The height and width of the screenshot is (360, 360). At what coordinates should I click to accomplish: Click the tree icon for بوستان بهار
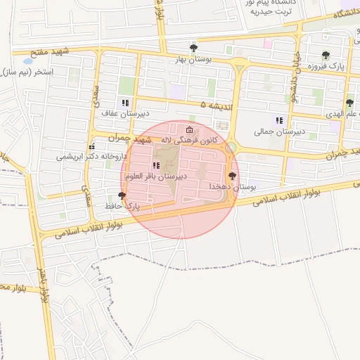tap(194, 48)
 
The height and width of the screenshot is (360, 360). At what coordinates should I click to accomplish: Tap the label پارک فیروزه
tap(309, 66)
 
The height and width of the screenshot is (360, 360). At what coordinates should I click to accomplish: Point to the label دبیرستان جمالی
tap(279, 131)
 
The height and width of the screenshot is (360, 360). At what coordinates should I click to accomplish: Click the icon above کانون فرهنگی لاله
tap(189, 129)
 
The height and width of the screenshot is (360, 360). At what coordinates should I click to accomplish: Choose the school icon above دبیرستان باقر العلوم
tap(156, 166)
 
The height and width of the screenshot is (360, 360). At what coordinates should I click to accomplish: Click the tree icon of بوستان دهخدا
tap(232, 175)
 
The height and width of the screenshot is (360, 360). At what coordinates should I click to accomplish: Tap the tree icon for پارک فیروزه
tap(326, 56)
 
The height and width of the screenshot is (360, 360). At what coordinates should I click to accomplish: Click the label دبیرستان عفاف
tap(117, 113)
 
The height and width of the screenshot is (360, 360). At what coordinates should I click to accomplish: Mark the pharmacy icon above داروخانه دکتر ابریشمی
tap(91, 147)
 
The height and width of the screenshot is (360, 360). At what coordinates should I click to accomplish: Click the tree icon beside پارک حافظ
tap(122, 195)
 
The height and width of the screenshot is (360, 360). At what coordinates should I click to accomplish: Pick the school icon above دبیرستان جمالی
tap(279, 120)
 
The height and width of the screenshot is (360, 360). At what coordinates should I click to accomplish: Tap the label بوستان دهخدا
tap(231, 186)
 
